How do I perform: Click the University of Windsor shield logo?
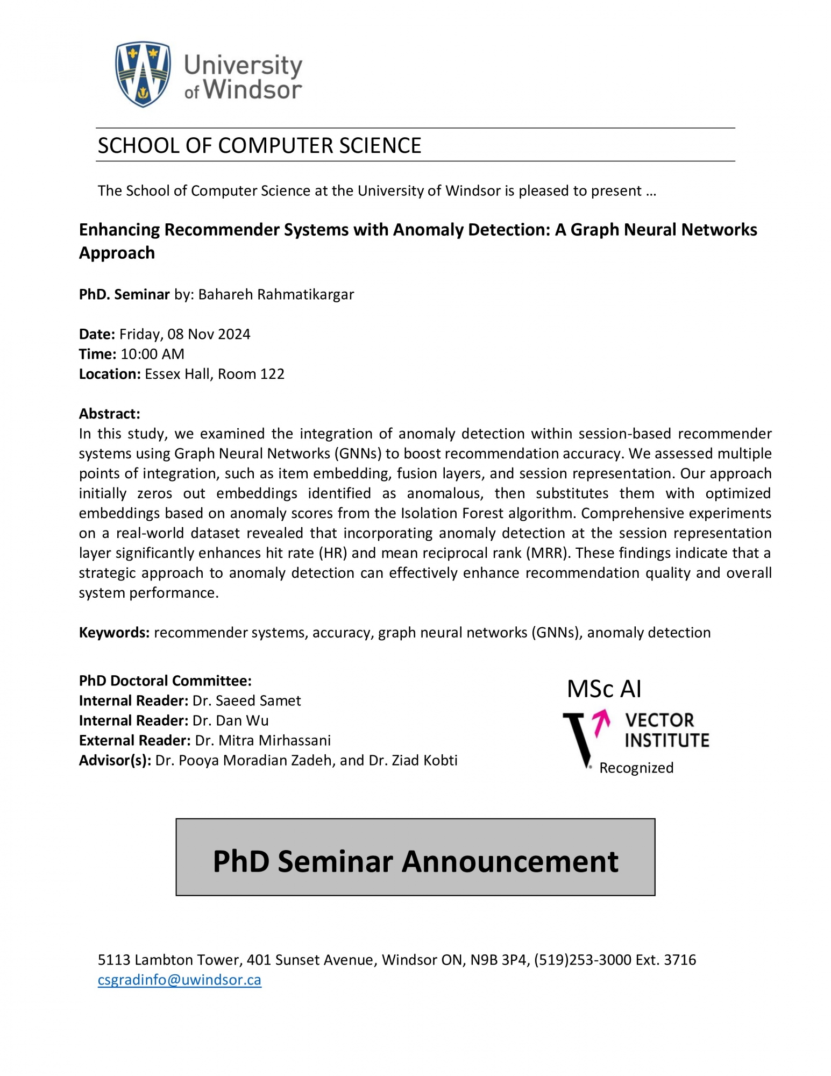143,74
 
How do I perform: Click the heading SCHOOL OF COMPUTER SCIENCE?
259,146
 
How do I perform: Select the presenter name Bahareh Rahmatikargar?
276,295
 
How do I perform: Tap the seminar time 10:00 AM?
152,354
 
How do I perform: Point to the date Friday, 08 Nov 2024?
184,334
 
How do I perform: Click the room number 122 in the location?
272,374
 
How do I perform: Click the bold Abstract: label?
109,414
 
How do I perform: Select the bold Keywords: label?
114,632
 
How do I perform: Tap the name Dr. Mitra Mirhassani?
262,740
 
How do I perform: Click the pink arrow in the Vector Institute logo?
601,722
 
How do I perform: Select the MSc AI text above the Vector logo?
604,689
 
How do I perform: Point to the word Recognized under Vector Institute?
636,768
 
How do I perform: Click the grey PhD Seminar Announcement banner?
415,857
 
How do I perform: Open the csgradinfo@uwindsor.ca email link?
179,980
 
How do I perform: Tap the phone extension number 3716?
680,960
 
